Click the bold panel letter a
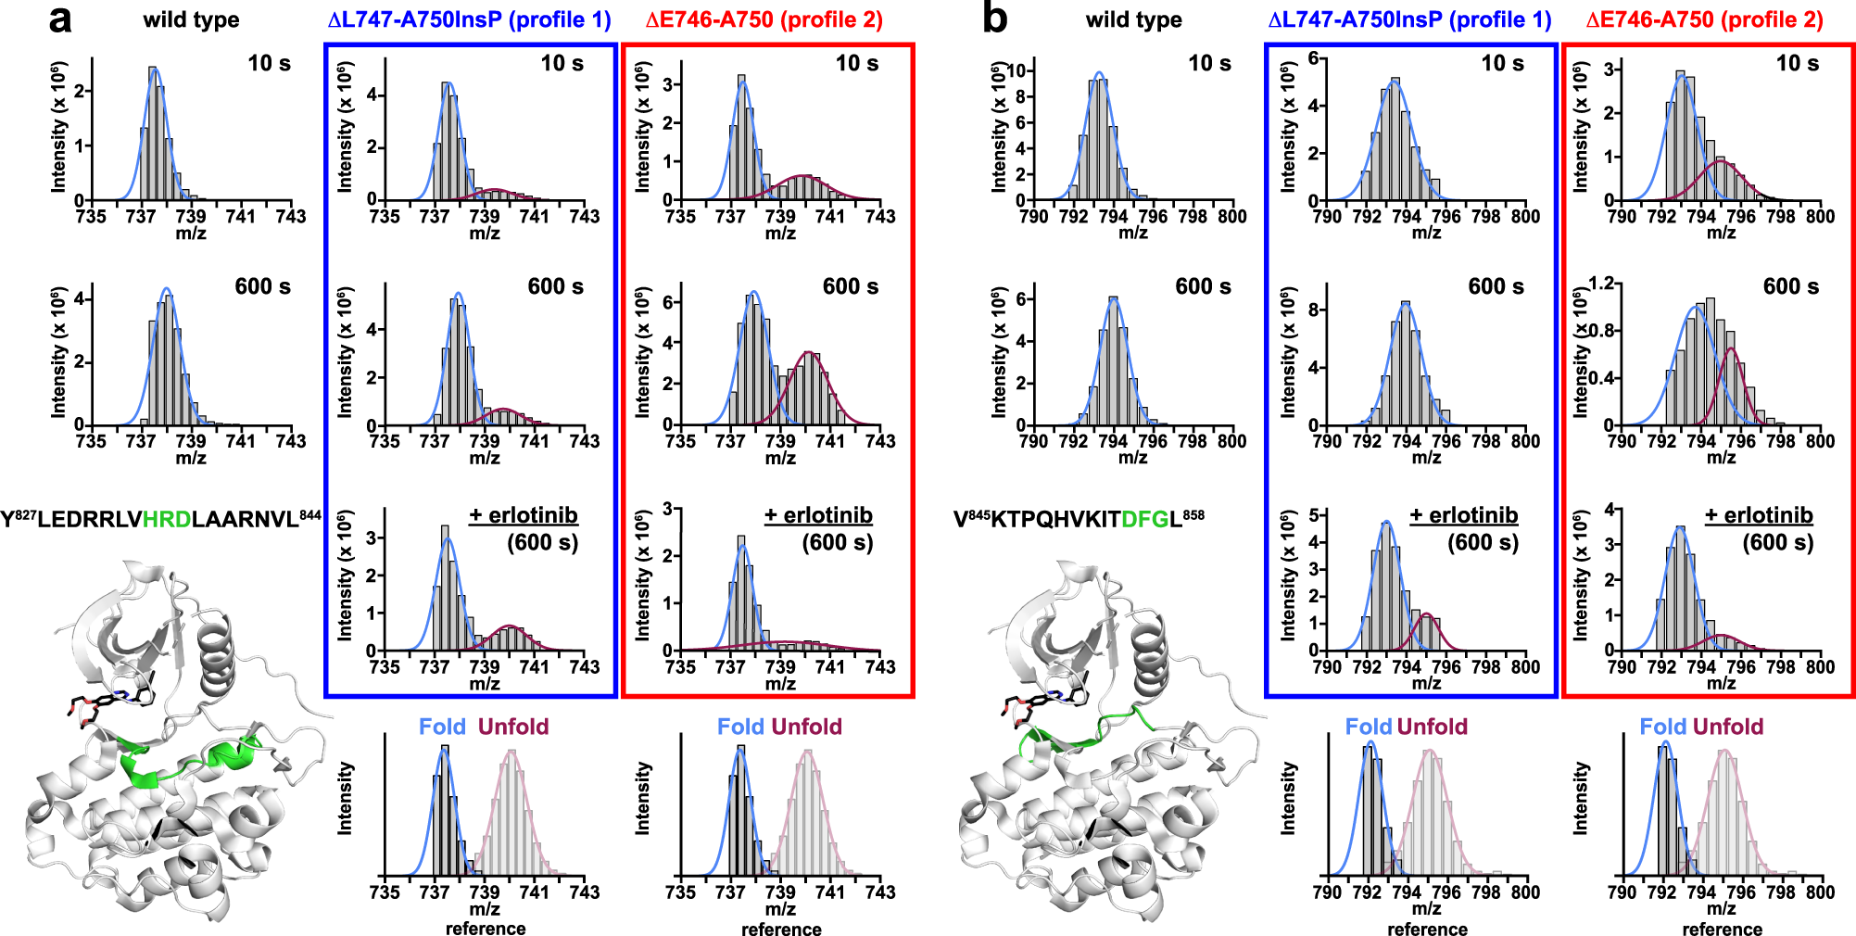click(60, 19)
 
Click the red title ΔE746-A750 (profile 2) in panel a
click(764, 19)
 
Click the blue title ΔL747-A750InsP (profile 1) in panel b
click(1409, 19)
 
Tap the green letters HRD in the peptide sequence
click(167, 519)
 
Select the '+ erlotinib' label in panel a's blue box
click(523, 515)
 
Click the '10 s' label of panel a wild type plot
click(269, 63)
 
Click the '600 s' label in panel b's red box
click(1790, 286)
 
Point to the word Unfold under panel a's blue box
click(513, 727)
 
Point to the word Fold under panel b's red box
click(1663, 727)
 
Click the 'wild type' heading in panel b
click(1133, 19)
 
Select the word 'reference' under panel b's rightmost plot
click(1722, 929)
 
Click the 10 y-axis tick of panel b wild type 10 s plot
click(1016, 70)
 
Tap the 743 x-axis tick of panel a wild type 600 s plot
click(290, 441)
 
